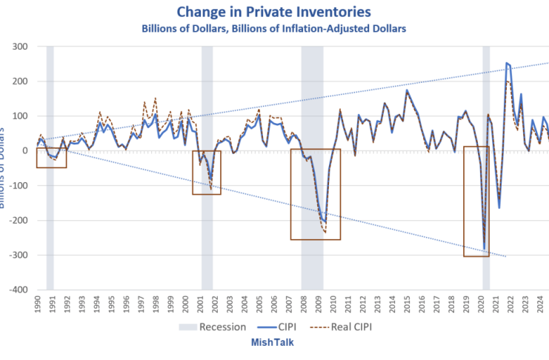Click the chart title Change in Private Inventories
pos(275,12)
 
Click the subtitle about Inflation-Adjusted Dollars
pos(275,28)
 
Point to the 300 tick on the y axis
pos(20,46)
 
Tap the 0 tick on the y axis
pos(24,150)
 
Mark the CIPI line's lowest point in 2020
pos(485,250)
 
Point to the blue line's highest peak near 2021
pos(506,64)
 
